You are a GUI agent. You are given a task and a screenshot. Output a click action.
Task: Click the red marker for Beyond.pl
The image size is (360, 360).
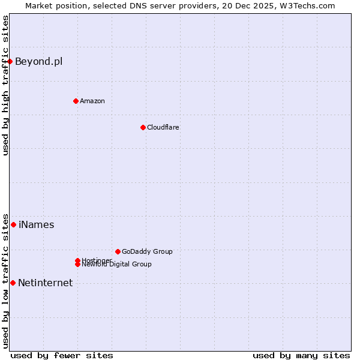10,61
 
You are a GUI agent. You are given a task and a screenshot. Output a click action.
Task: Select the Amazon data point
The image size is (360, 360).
76,101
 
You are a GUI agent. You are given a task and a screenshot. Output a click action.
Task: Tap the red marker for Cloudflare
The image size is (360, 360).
143,127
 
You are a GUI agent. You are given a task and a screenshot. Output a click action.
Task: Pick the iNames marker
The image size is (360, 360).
13,224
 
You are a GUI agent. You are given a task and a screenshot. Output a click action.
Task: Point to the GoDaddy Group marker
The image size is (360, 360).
118,251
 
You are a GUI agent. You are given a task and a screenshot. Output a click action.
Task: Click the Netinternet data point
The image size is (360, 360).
13,283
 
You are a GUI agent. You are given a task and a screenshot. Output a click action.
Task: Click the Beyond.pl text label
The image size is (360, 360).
38,61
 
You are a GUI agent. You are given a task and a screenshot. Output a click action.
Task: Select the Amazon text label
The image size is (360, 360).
92,101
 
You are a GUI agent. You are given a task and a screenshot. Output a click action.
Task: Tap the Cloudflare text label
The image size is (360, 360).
163,127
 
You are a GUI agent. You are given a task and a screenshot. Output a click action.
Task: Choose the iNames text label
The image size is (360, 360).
36,225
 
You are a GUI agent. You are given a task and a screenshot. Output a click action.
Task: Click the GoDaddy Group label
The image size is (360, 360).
147,251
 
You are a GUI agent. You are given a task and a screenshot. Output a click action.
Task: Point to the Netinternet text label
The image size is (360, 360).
45,283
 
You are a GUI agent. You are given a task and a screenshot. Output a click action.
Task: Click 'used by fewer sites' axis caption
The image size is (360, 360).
62,355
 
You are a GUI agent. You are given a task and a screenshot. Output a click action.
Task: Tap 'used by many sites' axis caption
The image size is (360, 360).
301,355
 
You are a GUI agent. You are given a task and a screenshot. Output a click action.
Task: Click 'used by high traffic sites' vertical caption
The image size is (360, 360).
5,85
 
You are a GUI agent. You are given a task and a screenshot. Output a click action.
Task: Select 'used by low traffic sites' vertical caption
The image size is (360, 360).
5,281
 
